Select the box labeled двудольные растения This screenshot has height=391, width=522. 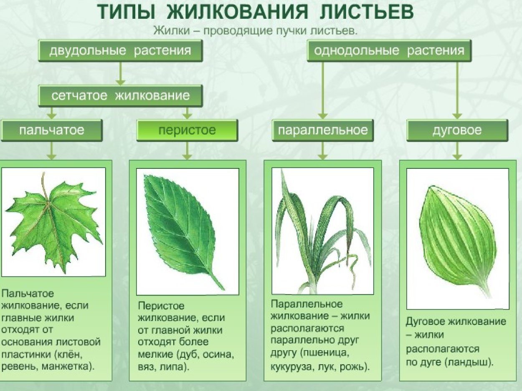click(120, 51)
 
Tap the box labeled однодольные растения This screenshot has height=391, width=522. click(389, 51)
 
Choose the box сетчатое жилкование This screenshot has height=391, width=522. click(120, 96)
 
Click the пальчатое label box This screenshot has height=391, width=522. click(51, 130)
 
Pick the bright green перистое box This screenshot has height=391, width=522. click(187, 130)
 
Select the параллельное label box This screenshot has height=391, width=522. click(322, 130)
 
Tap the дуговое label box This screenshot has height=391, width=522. click(457, 130)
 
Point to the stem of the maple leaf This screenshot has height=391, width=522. click(43, 183)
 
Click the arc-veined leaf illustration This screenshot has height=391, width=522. click(457, 238)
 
